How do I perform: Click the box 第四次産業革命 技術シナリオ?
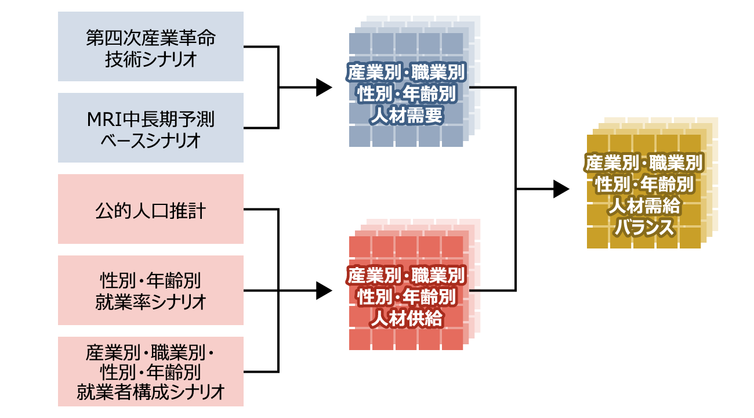tap(151, 46)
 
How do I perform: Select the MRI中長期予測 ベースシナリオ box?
tap(151, 128)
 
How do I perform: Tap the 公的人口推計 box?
tap(151, 209)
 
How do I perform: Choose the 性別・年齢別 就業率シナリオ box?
tap(151, 290)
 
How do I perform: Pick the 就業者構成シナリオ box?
tap(151, 372)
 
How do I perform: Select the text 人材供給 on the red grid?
tap(406, 318)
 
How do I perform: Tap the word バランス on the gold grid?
tap(644, 228)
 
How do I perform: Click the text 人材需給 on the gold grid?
tap(644, 206)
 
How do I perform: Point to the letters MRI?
tap(103, 120)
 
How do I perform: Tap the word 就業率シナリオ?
tap(151, 302)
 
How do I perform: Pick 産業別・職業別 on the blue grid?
tap(406, 72)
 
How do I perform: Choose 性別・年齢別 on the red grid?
tap(406, 296)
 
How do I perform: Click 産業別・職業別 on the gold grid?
tap(644, 163)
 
